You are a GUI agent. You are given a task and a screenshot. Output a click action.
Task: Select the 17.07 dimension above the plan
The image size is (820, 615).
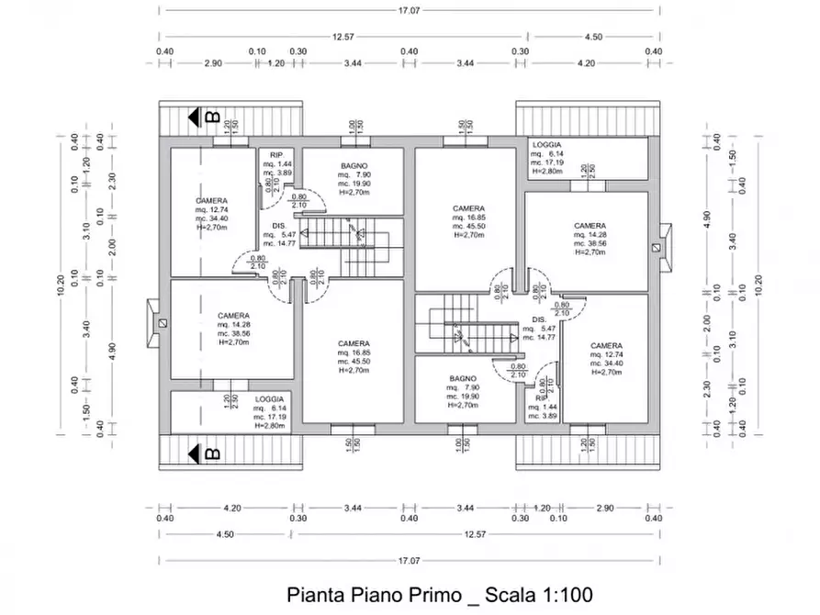[x=409, y=10]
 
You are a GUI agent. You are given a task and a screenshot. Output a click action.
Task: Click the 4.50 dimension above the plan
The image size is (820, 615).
[x=592, y=37]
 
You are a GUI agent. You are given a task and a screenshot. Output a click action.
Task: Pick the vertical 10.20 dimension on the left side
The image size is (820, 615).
[x=61, y=286]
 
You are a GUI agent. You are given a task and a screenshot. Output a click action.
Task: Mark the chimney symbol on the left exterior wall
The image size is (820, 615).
[x=160, y=323]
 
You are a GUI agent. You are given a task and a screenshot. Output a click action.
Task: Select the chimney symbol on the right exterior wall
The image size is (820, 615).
[x=657, y=247]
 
